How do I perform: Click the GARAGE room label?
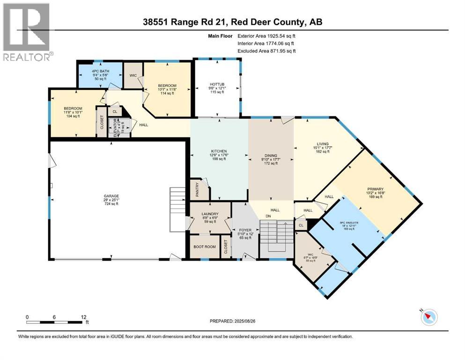click(x=111, y=196)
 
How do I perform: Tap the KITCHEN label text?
click(x=218, y=150)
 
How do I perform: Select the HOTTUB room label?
click(x=217, y=84)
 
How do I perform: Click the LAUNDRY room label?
click(x=210, y=214)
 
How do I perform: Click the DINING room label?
click(x=271, y=155)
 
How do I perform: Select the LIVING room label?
click(x=322, y=144)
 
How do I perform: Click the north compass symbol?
click(x=428, y=317)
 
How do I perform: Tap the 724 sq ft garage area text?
click(x=111, y=205)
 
